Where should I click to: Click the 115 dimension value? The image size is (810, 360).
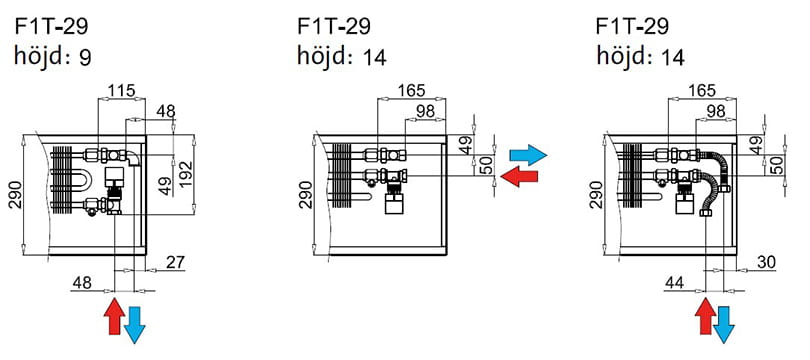click(x=121, y=90)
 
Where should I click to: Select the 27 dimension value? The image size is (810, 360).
click(x=176, y=263)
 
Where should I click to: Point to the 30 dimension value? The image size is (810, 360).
click(x=767, y=263)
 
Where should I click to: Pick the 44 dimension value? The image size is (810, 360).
click(x=674, y=283)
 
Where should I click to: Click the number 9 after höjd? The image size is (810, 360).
click(x=85, y=58)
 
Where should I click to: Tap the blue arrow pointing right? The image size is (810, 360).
click(x=528, y=155)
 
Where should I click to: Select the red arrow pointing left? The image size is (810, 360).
click(x=520, y=176)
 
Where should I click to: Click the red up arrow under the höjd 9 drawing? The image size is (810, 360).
click(x=114, y=316)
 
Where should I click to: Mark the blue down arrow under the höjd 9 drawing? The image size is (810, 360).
click(x=135, y=325)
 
